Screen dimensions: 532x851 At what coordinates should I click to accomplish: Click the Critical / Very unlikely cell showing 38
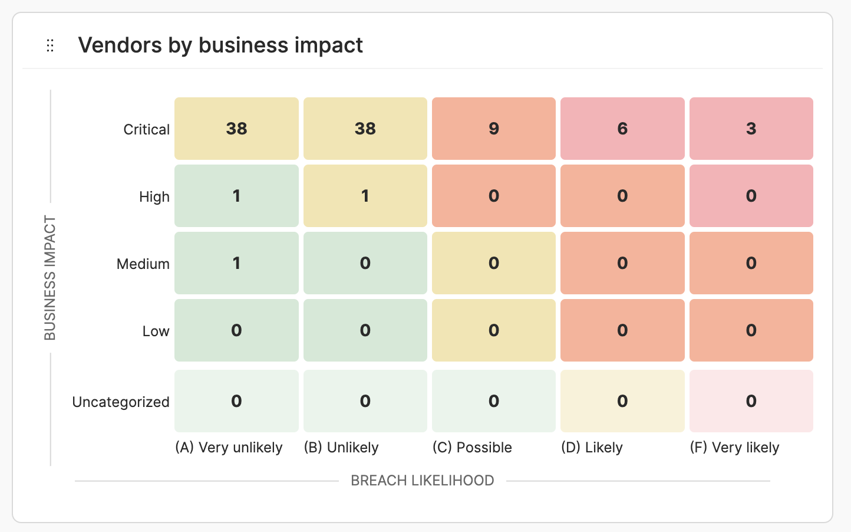coord(236,129)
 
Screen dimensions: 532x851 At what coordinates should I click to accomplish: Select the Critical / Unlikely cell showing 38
coord(365,129)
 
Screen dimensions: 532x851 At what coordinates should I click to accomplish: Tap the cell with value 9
coord(494,129)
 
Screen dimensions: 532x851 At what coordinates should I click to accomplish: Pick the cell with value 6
coord(622,129)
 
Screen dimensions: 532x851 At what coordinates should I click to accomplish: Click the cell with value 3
coord(751,129)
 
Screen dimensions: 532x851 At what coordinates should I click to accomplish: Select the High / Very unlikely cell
coord(236,196)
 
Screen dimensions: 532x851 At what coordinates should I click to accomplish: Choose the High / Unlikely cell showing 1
coord(365,196)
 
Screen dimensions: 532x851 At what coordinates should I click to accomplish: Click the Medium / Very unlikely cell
coord(236,263)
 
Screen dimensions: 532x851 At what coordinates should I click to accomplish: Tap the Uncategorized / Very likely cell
coord(751,401)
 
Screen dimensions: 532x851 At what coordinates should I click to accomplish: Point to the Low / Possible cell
coord(494,330)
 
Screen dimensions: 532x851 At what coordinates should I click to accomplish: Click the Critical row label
coord(146,129)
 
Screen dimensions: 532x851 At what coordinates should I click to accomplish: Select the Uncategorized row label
coord(121,402)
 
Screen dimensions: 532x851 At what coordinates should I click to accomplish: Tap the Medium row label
coord(143,264)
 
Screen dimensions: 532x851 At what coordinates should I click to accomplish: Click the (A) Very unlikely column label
coord(229,448)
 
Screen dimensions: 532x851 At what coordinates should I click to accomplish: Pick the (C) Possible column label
coord(472,448)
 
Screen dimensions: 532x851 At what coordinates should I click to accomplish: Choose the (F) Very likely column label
coord(734,448)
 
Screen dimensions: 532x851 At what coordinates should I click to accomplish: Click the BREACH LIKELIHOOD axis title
coord(422,481)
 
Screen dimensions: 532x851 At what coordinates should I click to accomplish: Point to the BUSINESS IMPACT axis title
coord(50,278)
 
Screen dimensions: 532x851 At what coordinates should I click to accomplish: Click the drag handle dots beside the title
coord(50,45)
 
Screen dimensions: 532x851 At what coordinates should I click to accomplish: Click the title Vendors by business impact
coord(220,45)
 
